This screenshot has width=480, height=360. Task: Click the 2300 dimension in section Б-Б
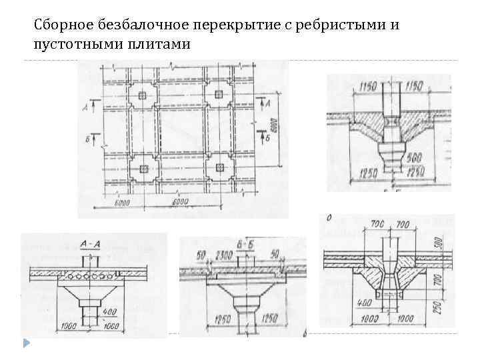(224, 255)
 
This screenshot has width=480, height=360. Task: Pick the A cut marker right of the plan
(266, 104)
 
